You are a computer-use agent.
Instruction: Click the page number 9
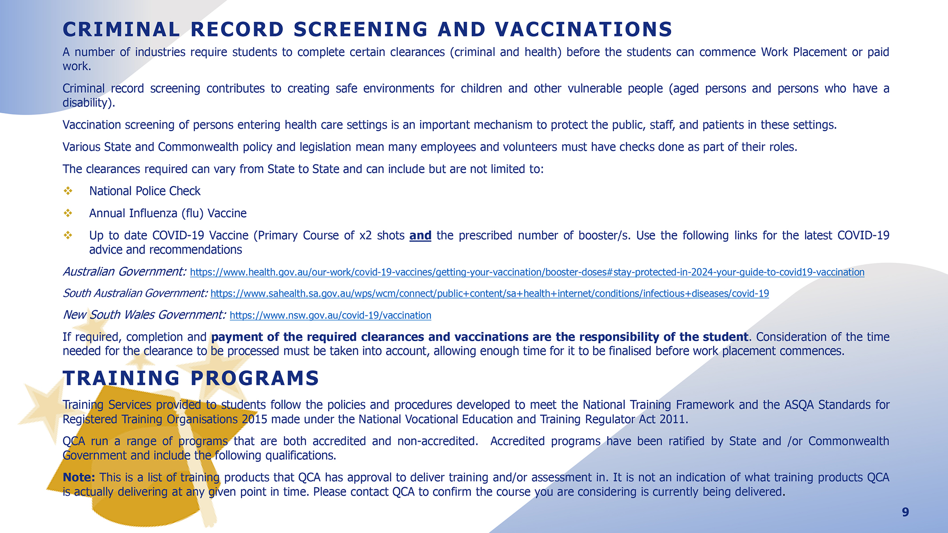tap(905, 512)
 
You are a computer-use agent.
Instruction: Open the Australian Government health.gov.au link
tap(527, 272)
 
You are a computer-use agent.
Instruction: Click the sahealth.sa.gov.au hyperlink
tap(490, 294)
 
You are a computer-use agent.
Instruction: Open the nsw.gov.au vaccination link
tap(331, 315)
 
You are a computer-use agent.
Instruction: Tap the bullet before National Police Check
tap(68, 191)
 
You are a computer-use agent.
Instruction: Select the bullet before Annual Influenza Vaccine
tap(68, 213)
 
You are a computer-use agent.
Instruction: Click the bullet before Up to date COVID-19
tap(68, 235)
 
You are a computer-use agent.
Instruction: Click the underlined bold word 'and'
tap(420, 235)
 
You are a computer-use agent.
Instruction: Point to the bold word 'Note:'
tap(79, 477)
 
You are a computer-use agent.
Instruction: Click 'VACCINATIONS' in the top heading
tap(584, 30)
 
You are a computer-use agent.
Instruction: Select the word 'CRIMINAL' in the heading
tap(121, 30)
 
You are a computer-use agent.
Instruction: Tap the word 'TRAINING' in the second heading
tap(121, 378)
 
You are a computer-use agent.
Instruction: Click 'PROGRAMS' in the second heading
tap(255, 378)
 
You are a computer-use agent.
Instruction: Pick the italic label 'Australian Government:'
tap(124, 271)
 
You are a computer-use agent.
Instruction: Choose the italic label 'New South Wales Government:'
tap(144, 315)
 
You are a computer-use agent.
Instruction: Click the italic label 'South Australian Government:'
tap(135, 293)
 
